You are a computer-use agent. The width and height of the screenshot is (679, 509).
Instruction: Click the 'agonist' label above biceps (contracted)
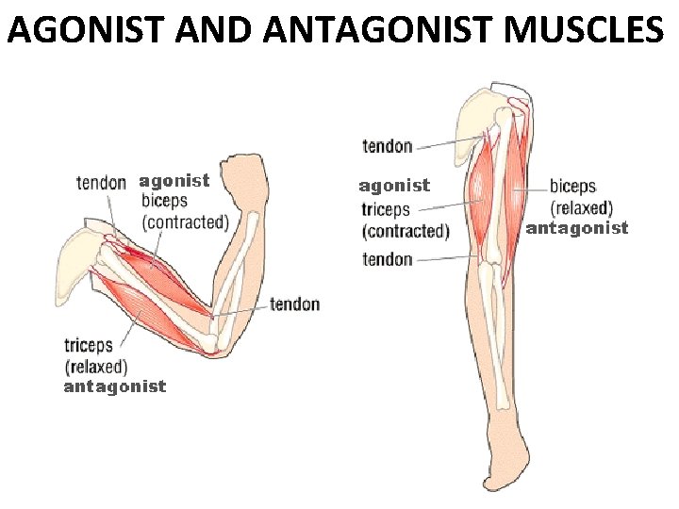click(174, 179)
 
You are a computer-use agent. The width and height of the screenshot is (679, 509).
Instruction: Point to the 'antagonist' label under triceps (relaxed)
click(114, 386)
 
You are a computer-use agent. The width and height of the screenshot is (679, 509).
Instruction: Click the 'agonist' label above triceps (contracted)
click(394, 186)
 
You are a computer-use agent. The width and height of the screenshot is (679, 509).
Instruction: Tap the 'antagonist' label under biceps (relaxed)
click(576, 228)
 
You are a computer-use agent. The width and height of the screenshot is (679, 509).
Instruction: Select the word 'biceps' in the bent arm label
click(164, 201)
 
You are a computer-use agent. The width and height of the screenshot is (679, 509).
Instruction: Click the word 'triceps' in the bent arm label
click(89, 345)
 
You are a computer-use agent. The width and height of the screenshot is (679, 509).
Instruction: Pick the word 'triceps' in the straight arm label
click(386, 209)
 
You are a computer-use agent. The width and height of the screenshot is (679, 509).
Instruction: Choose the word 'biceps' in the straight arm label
click(572, 187)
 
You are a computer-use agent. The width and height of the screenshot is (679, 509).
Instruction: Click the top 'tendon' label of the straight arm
click(388, 146)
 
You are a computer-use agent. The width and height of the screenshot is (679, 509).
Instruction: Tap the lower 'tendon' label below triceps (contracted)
click(388, 259)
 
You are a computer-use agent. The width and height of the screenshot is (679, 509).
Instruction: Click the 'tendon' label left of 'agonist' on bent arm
click(101, 182)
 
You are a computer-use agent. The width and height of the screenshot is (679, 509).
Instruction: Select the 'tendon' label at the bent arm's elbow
click(294, 304)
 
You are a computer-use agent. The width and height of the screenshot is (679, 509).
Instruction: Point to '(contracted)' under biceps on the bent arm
click(185, 222)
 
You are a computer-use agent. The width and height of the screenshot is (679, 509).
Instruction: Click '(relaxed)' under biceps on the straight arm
click(581, 207)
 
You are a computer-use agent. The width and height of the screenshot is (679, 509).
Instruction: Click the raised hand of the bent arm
click(252, 174)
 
